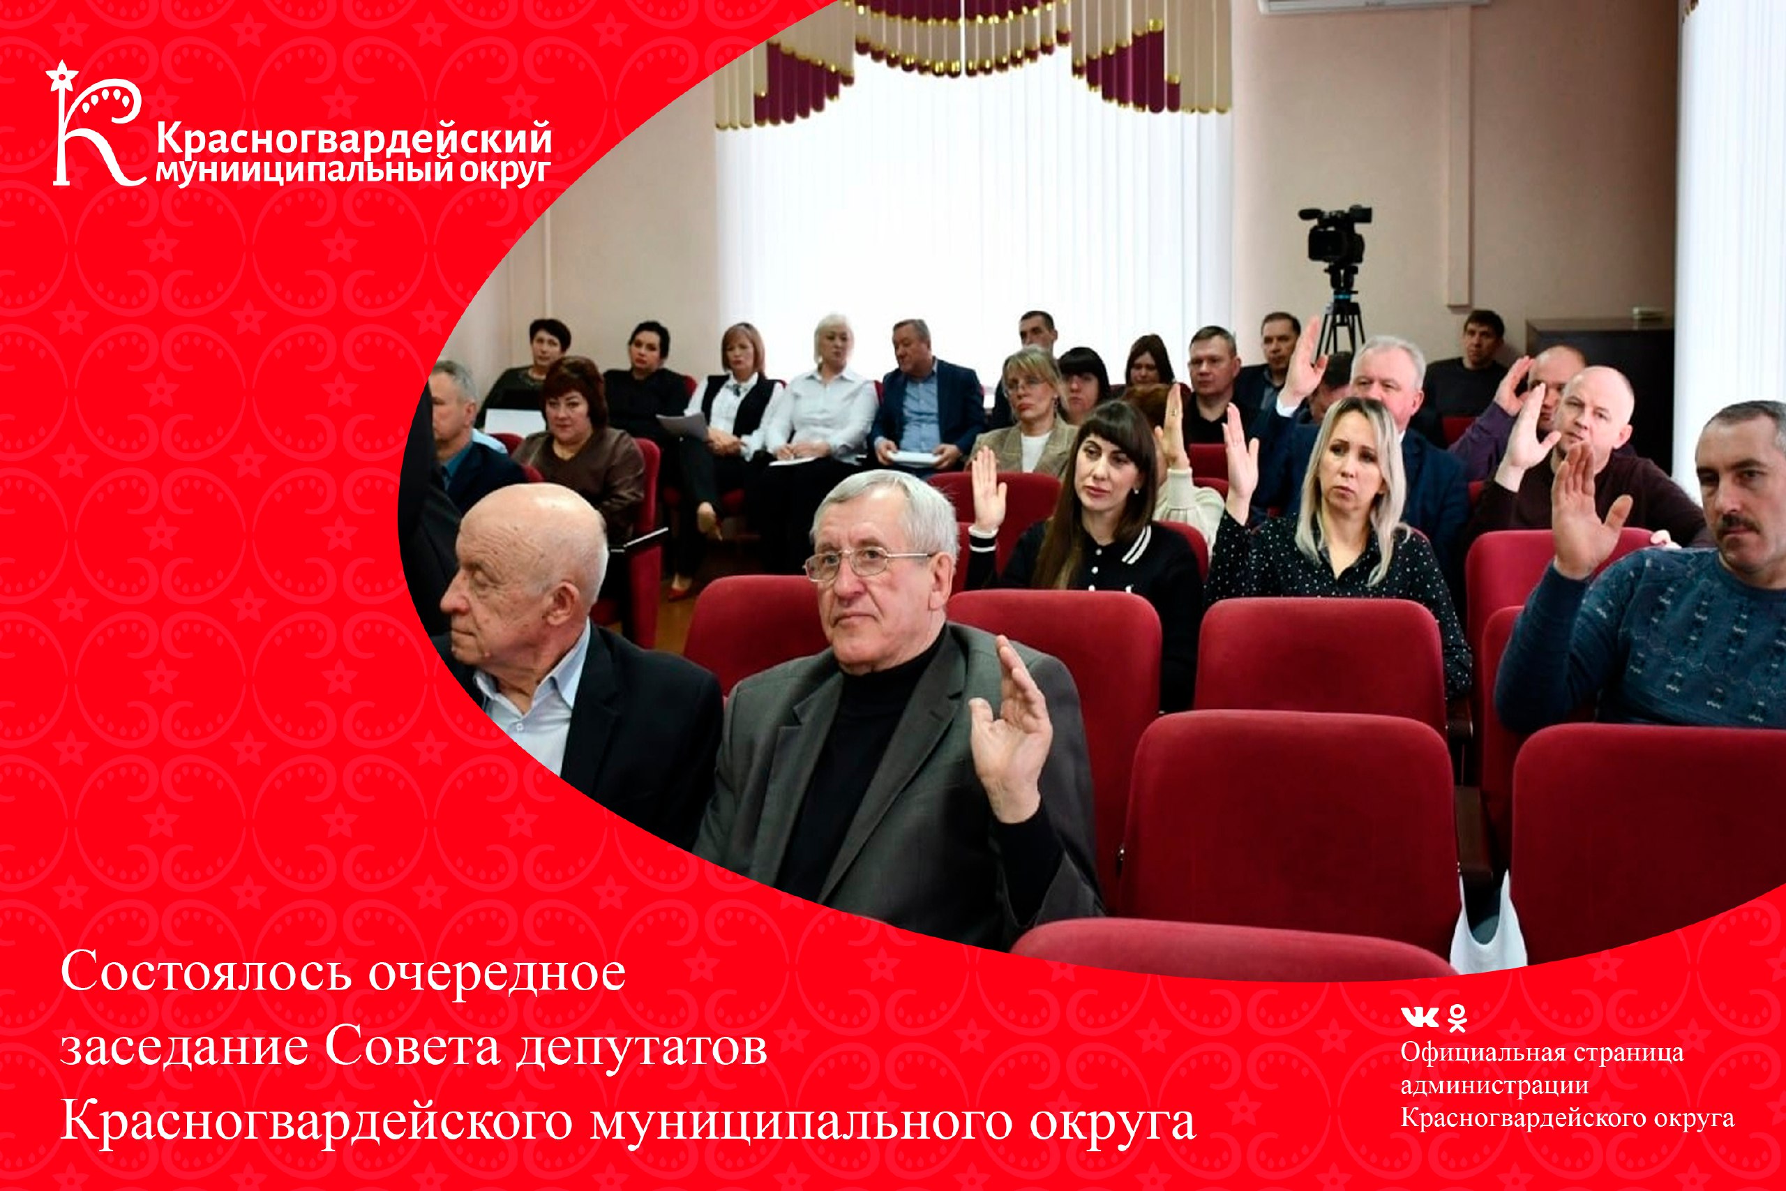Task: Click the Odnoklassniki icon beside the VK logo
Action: point(1457,1018)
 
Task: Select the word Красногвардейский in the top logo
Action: point(354,140)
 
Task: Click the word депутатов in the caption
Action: point(643,1051)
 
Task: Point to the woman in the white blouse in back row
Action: point(824,395)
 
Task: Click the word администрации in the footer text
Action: point(1494,1086)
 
